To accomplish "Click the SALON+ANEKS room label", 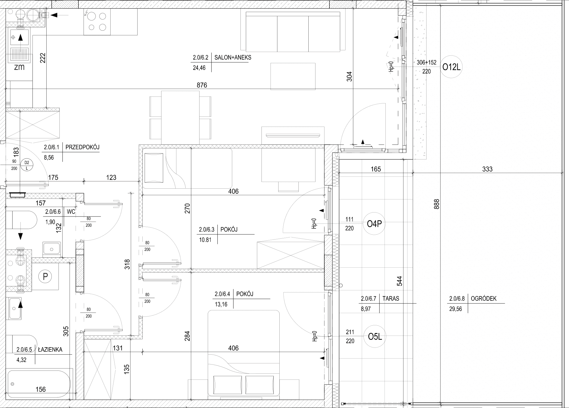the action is pos(233,57).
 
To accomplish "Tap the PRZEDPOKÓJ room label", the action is pos(82,147).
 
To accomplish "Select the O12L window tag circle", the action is pos(451,67).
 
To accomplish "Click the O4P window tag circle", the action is pos(374,224).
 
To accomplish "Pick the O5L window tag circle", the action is pos(375,337).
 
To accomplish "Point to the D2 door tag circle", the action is pos(27,165).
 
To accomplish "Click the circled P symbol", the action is pos(45,276).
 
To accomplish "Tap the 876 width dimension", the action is pos(202,85).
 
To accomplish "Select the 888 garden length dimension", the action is pos(437,204).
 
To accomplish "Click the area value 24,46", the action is pos(199,68).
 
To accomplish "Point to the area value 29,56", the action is pos(455,309).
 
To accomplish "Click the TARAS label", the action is pos(391,298).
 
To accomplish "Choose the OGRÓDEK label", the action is pos(484,298).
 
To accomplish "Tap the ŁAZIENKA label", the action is pos(50,349).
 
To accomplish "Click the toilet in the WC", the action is pos(21,220).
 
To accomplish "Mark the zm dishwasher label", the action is pos(19,67).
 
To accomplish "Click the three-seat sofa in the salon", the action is pos(293,32).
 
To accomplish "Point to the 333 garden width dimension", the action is pos(487,169).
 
